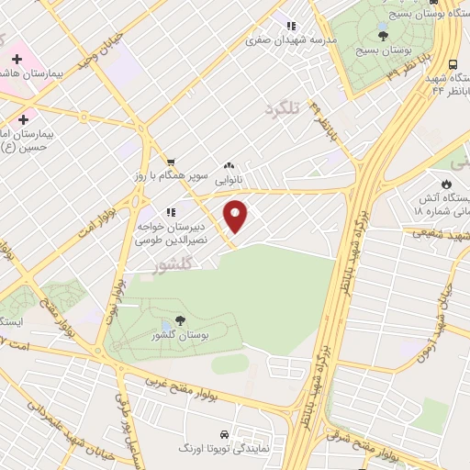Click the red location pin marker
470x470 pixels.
pyautogui.click(x=237, y=217)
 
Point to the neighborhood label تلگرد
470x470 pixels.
pyautogui.click(x=282, y=108)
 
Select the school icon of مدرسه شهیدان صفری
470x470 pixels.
pyautogui.click(x=291, y=26)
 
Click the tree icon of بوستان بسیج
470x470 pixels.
pyautogui.click(x=383, y=37)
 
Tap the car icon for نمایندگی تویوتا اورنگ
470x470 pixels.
pyautogui.click(x=224, y=433)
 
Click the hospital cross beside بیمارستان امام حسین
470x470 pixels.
pyautogui.click(x=23, y=119)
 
